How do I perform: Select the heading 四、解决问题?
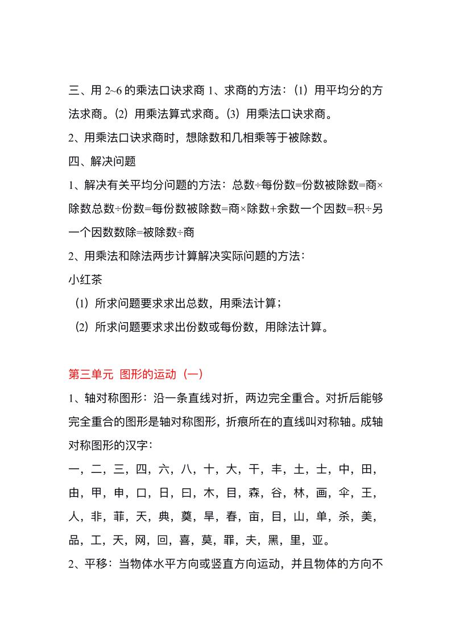(x=102, y=161)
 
